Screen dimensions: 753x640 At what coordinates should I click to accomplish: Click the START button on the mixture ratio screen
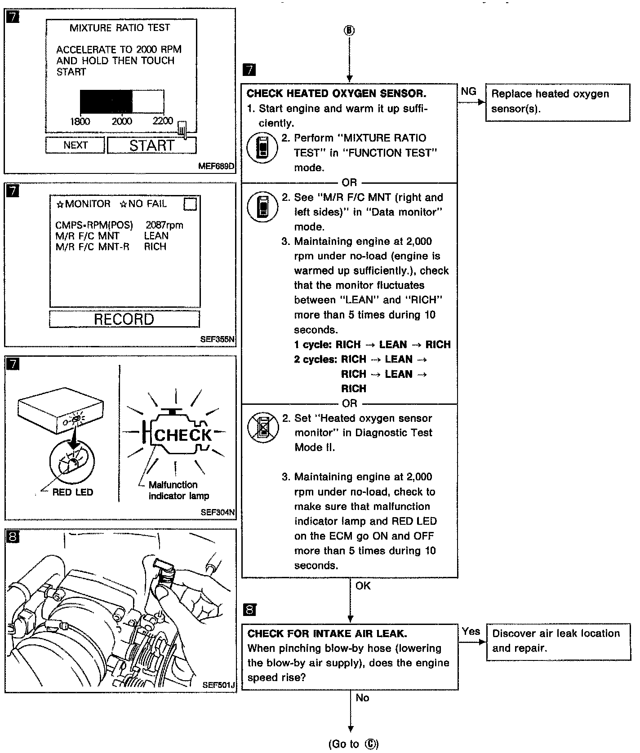[151, 146]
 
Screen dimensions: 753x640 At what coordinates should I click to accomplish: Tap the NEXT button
[75, 145]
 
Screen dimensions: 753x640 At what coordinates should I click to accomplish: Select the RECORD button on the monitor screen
[124, 319]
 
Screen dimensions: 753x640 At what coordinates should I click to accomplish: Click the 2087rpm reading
[164, 225]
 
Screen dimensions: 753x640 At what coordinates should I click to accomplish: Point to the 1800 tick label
[80, 121]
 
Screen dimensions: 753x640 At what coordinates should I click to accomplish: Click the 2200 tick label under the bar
[163, 121]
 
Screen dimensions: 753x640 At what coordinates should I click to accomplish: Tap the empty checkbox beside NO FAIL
[190, 204]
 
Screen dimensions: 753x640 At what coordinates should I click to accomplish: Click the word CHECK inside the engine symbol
[182, 435]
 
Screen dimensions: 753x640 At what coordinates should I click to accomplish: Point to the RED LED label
[72, 492]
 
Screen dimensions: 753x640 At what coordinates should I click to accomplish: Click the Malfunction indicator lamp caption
[179, 490]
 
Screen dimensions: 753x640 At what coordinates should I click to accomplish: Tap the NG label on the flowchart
[468, 92]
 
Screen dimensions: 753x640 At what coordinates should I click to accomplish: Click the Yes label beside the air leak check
[471, 631]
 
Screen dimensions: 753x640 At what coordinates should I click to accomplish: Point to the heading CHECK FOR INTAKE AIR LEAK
[327, 634]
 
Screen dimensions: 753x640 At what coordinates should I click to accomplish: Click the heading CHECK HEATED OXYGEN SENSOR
[336, 93]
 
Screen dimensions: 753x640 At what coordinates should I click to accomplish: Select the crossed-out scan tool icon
[263, 427]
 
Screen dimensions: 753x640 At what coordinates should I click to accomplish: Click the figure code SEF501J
[219, 685]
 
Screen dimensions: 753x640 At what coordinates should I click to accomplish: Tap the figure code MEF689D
[216, 166]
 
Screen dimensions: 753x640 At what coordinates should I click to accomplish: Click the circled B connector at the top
[349, 31]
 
